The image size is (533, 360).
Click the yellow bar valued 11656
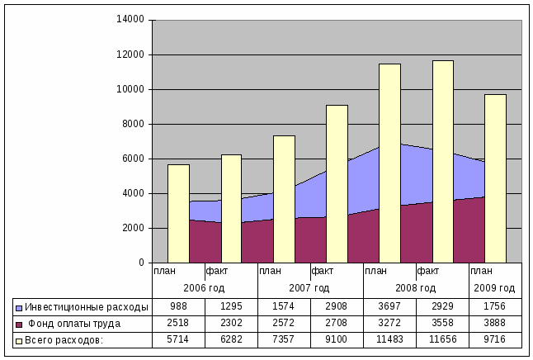(x=442, y=161)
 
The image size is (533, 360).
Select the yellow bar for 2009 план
(x=495, y=178)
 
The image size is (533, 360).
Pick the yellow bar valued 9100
(x=337, y=183)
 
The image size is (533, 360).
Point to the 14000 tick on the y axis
(x=131, y=20)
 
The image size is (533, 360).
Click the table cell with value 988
(x=178, y=306)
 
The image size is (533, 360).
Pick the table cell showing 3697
(x=389, y=306)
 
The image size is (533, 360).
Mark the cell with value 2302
(x=231, y=323)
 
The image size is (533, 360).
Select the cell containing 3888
(x=495, y=323)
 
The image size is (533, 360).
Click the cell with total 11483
(x=389, y=339)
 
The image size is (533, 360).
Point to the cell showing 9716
(x=495, y=339)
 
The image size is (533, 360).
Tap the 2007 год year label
(x=310, y=288)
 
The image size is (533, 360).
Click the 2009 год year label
(x=495, y=288)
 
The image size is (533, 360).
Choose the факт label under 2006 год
(x=217, y=270)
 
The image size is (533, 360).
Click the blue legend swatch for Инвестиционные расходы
(x=19, y=306)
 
